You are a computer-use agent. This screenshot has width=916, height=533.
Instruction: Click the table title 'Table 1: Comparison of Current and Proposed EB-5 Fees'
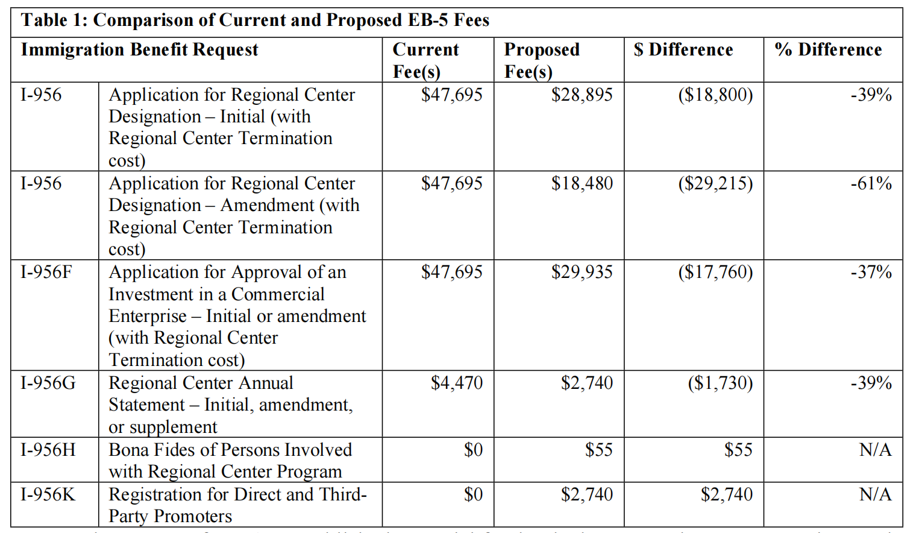coord(255,20)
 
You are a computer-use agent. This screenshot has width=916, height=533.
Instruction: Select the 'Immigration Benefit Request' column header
coord(140,50)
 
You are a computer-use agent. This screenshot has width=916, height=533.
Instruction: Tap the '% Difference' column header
coord(828,50)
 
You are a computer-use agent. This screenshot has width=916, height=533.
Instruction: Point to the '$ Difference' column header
coord(683,50)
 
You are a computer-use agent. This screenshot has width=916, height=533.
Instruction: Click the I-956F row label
coord(46,273)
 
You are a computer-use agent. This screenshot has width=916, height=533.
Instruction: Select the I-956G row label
coord(48,383)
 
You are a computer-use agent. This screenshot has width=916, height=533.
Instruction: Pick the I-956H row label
coord(48,450)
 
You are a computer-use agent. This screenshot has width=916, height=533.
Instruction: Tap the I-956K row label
coord(48,495)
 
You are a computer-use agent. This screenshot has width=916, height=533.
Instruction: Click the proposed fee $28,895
coord(582,95)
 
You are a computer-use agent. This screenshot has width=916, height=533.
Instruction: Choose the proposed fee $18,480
coord(582,184)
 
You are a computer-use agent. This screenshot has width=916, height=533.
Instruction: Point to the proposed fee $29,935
coord(582,273)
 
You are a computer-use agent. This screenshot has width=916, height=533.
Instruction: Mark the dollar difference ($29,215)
coord(715,184)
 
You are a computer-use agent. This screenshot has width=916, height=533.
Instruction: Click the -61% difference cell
coord(871,184)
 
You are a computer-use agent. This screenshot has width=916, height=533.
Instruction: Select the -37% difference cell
coord(871,273)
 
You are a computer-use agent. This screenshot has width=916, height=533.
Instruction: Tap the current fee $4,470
coord(457,383)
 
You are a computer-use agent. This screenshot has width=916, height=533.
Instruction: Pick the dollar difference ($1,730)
coord(720,383)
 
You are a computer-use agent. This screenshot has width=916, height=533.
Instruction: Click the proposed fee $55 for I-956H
coord(598,450)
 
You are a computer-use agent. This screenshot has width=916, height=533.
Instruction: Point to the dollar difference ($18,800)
coord(715,95)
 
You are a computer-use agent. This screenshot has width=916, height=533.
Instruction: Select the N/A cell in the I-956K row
coord(875,495)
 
